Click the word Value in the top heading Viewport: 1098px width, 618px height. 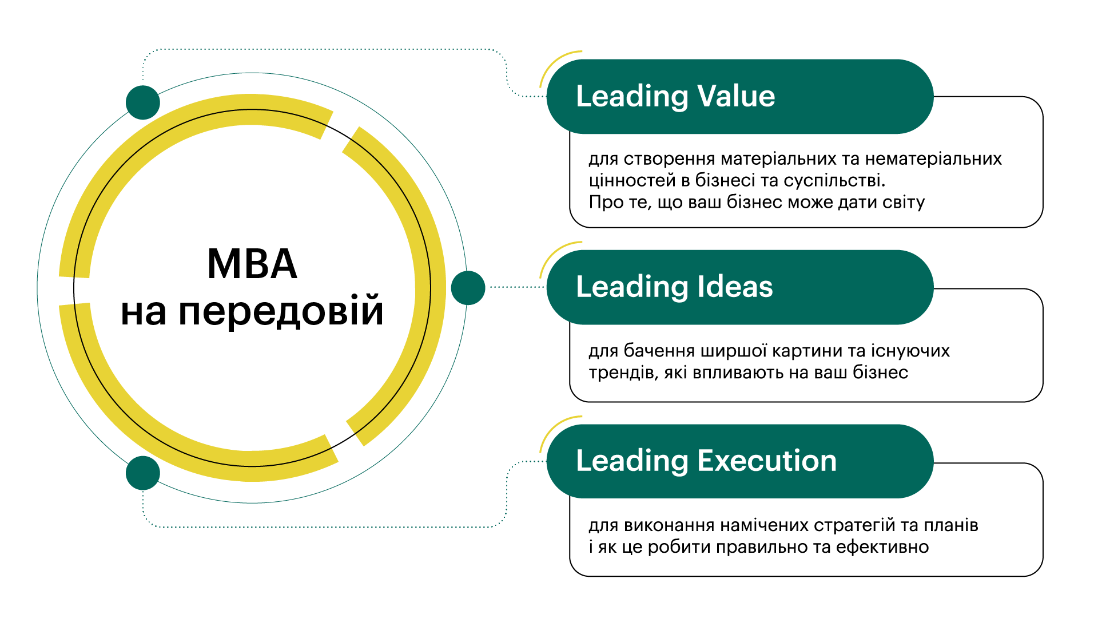point(736,96)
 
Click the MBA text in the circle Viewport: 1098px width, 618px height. point(252,264)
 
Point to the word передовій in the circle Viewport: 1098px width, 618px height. point(281,312)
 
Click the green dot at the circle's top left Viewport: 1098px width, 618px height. point(143,102)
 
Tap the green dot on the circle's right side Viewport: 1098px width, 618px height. point(468,288)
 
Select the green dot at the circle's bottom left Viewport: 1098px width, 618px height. point(143,473)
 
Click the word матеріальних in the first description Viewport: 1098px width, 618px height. point(779,159)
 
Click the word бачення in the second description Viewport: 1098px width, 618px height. point(659,351)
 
